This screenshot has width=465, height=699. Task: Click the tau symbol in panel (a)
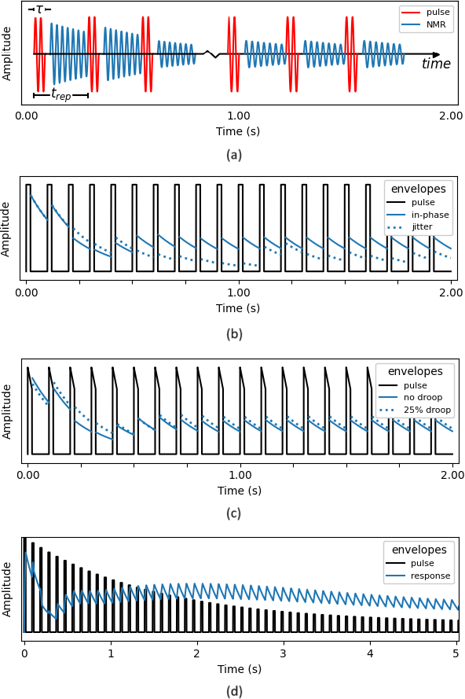tap(39, 9)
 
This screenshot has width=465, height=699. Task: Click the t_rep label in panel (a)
tap(61, 94)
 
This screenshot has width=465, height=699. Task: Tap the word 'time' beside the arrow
tap(436, 64)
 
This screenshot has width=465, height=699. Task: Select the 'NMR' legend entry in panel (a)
tap(427, 24)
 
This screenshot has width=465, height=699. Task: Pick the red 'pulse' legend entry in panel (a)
tap(427, 12)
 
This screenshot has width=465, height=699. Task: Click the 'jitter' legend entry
tap(410, 227)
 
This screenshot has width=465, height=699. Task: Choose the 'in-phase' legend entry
tap(417, 215)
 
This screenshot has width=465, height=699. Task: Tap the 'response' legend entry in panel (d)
tap(417, 576)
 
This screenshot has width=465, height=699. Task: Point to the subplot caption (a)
tap(234, 155)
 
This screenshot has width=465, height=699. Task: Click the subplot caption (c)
tap(234, 513)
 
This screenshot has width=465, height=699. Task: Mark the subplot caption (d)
tap(234, 691)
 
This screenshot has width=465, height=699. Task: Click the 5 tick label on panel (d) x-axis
tap(456, 653)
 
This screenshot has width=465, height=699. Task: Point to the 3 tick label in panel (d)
tap(284, 653)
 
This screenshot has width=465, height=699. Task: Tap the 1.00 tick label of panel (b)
tap(239, 292)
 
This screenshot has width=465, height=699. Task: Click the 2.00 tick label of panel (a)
tap(451, 116)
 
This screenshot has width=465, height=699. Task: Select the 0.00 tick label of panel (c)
tap(27, 475)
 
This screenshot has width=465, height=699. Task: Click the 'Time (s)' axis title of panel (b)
tap(238, 308)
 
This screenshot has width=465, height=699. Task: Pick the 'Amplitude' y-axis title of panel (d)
tap(6, 589)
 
